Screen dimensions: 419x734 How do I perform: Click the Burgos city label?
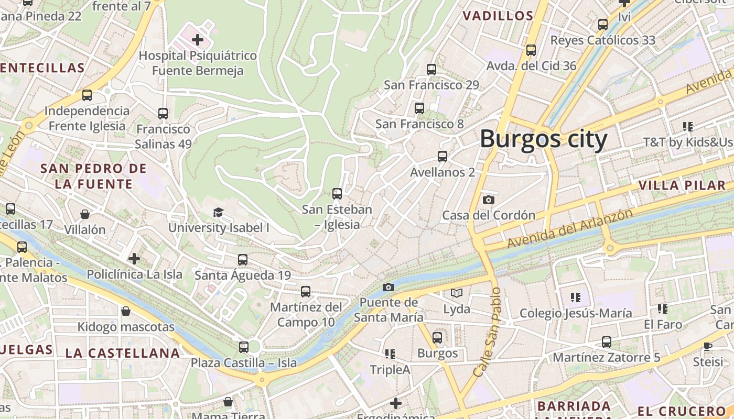coord(544,139)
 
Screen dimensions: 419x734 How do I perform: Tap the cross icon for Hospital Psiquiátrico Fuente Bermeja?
coord(198,39)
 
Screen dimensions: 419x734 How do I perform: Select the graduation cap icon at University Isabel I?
coord(218,212)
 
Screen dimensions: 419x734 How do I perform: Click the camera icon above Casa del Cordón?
coord(488,200)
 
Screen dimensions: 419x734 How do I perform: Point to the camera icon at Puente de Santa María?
coord(388,287)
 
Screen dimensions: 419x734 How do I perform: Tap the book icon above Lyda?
coord(457,293)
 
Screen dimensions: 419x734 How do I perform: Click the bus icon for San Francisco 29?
coord(431,69)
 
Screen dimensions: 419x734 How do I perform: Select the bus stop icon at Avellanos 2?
coord(442,156)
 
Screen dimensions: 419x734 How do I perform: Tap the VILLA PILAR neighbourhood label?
coord(681,185)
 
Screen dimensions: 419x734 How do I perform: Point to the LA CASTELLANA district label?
coord(123,353)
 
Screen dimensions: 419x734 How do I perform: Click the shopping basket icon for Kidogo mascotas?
coord(126,312)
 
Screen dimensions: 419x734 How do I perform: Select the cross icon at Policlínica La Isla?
coord(134,258)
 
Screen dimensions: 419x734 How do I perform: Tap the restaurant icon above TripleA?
coord(390,354)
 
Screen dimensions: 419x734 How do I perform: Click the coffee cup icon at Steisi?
coord(708,346)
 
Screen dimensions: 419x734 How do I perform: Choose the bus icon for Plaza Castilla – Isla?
coord(244,347)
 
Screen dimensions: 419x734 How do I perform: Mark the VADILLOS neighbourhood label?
coord(498,16)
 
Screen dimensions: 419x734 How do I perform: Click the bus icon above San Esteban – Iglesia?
coord(337,194)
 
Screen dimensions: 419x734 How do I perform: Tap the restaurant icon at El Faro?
coord(663,309)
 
